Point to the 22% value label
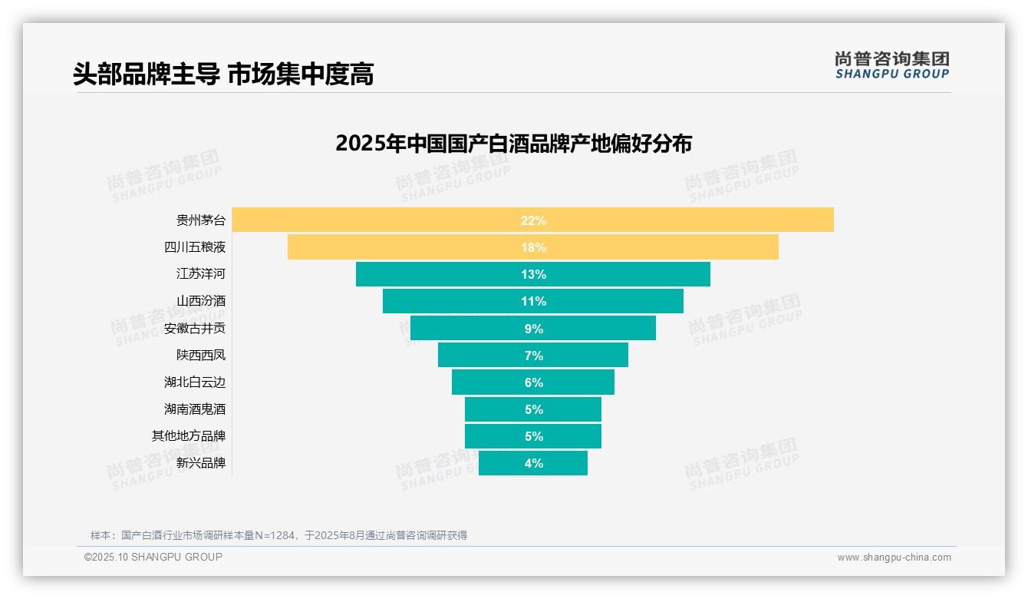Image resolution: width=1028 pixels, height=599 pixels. click(x=533, y=220)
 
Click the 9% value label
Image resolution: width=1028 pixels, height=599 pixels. click(x=533, y=329)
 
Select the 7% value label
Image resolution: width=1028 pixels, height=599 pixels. click(x=533, y=356)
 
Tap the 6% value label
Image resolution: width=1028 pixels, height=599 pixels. click(x=533, y=382)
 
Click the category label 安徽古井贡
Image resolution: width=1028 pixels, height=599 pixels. click(x=195, y=329)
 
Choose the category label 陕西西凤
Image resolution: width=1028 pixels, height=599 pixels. click(x=201, y=356)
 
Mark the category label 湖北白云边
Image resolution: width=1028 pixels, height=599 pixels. click(x=195, y=382)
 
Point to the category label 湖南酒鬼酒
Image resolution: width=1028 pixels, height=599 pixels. click(x=195, y=409)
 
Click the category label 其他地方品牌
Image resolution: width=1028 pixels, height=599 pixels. click(x=189, y=436)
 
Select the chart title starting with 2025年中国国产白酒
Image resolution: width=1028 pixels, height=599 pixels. click(x=513, y=144)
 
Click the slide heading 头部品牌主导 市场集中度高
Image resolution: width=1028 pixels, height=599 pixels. click(x=223, y=74)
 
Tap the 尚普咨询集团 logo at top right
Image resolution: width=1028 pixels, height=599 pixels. click(x=891, y=65)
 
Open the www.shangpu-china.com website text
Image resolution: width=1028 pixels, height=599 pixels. click(x=894, y=558)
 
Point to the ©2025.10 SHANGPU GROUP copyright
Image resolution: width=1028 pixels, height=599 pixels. click(x=153, y=557)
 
